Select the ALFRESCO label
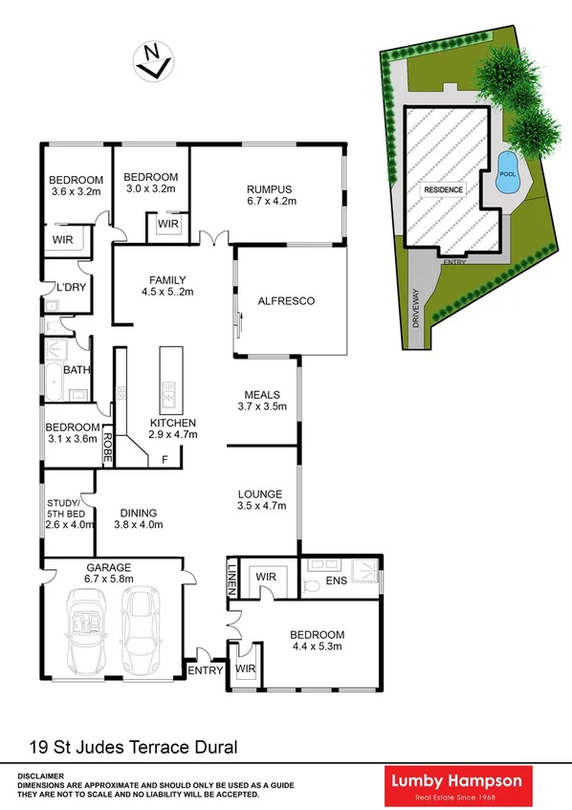click(286, 301)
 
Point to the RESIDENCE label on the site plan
click(443, 189)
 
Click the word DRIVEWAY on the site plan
click(417, 309)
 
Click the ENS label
click(337, 580)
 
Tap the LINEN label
click(231, 577)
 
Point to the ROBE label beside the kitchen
click(108, 449)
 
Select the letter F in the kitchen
click(165, 460)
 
